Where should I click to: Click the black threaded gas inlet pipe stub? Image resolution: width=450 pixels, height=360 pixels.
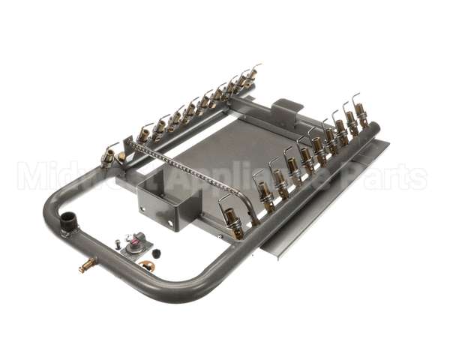[70, 222]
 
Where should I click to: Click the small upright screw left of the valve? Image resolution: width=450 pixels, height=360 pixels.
[118, 242]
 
